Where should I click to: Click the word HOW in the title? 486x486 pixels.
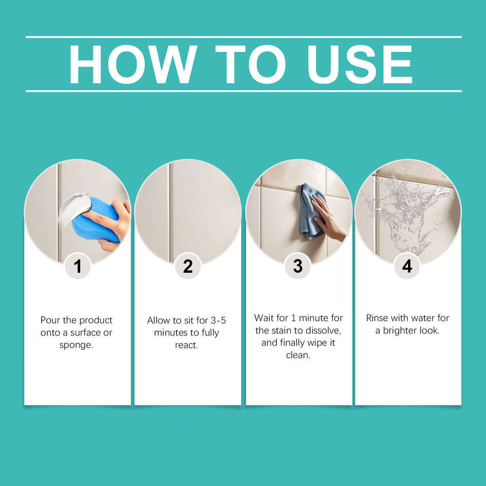click(x=133, y=65)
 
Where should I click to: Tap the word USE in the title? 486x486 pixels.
click(x=360, y=65)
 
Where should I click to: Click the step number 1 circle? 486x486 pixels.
click(x=78, y=266)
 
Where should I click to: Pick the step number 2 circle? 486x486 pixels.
click(x=188, y=266)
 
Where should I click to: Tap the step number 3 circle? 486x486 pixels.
click(x=298, y=266)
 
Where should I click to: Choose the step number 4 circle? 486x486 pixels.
click(x=407, y=266)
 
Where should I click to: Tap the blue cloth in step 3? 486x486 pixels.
click(x=309, y=209)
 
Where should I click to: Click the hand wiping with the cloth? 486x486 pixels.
click(x=328, y=219)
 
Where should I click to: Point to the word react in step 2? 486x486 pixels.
click(x=188, y=345)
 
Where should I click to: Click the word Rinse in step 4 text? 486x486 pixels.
click(x=377, y=318)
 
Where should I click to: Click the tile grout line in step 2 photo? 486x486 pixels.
click(x=169, y=209)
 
